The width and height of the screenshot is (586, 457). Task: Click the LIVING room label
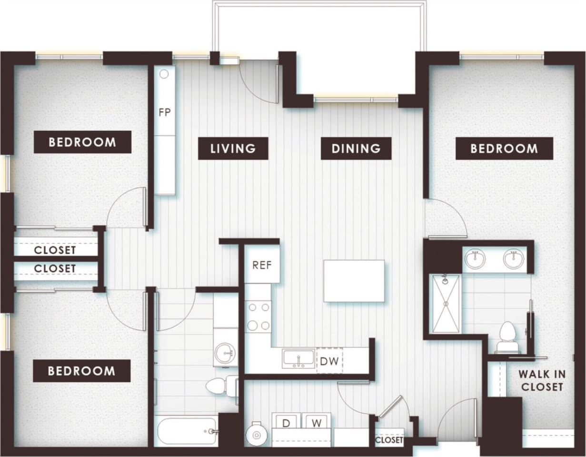click(x=233, y=149)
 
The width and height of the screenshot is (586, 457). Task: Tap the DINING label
click(x=356, y=149)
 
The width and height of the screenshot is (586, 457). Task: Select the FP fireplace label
click(x=165, y=113)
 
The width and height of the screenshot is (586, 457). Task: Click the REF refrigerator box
click(x=262, y=265)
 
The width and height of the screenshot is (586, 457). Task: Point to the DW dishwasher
click(x=329, y=361)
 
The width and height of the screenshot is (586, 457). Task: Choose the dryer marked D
click(x=287, y=423)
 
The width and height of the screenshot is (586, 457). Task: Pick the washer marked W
click(x=316, y=423)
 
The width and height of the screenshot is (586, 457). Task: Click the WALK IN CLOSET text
click(x=542, y=380)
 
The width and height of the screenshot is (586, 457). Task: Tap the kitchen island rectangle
click(x=354, y=281)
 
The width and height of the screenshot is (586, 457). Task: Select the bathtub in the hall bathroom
click(x=186, y=431)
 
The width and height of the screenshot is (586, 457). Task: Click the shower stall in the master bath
click(x=446, y=304)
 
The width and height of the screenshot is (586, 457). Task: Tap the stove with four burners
click(x=258, y=316)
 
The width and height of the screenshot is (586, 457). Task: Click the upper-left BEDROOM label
click(x=82, y=142)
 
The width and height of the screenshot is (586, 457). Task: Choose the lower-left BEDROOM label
click(x=81, y=371)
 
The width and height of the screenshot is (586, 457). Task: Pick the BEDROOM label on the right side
click(x=504, y=149)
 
